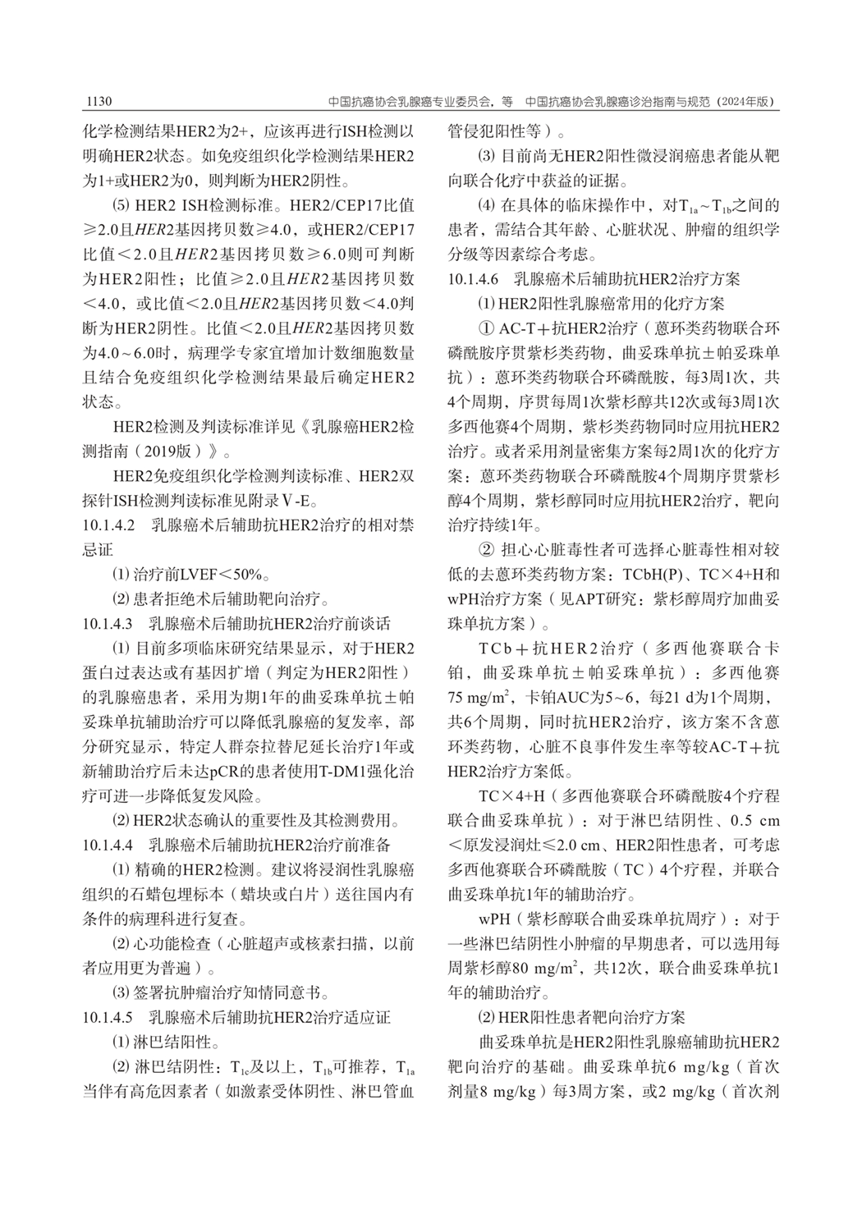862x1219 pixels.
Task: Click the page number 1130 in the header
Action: [98, 102]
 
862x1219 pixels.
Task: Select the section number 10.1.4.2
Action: [114, 525]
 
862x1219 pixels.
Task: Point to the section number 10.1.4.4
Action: [114, 843]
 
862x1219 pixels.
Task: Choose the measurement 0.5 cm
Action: [755, 820]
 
